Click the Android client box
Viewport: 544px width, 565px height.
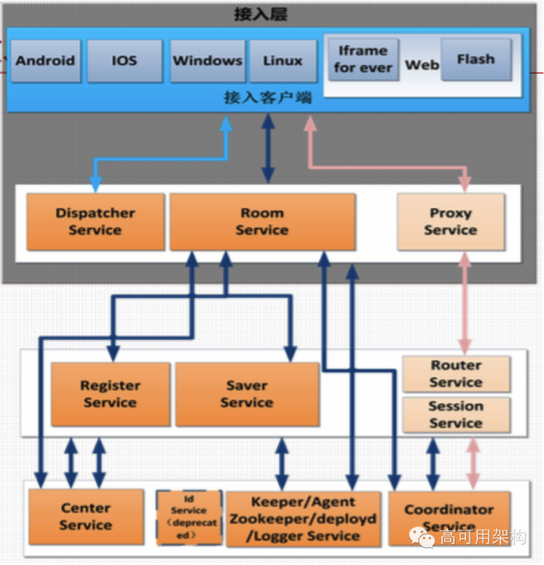(x=46, y=61)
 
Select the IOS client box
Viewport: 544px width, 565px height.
(x=124, y=61)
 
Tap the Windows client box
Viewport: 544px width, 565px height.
(x=207, y=61)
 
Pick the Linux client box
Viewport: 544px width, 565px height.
(x=283, y=61)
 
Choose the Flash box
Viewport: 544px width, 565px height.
(x=476, y=60)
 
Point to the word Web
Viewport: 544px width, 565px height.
(x=421, y=65)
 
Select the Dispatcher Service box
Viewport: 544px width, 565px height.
(x=95, y=221)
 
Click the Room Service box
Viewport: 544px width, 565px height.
(x=262, y=221)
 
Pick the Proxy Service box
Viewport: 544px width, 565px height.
(x=451, y=221)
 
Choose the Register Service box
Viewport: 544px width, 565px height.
(x=110, y=393)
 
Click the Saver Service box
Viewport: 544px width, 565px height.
(x=246, y=393)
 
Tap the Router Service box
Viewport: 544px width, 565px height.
(x=456, y=373)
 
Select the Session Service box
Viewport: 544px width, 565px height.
(x=456, y=414)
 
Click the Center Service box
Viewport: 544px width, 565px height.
(x=85, y=517)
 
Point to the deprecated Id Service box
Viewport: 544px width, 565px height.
(x=189, y=517)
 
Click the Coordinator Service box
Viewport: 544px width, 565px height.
(x=449, y=517)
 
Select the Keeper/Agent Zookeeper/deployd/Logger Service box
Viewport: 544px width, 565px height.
(x=303, y=518)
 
